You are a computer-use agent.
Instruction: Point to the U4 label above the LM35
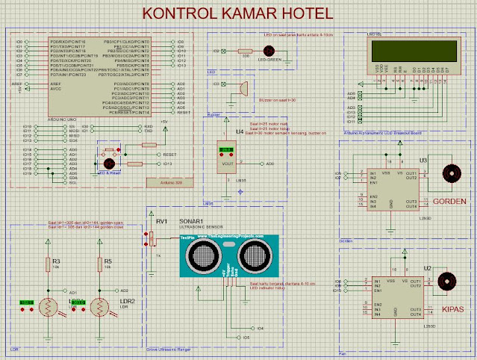[239, 131]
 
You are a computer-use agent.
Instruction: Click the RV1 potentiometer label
[162, 221]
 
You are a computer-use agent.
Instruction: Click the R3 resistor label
[55, 261]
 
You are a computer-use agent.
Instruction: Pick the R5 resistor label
[107, 261]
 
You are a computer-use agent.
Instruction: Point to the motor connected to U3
[449, 171]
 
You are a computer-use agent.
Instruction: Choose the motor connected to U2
[446, 280]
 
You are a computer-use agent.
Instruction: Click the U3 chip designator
[423, 160]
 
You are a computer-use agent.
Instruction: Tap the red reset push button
[108, 162]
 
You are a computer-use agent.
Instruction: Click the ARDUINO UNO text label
[66, 117]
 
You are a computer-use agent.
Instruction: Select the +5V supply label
[163, 120]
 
